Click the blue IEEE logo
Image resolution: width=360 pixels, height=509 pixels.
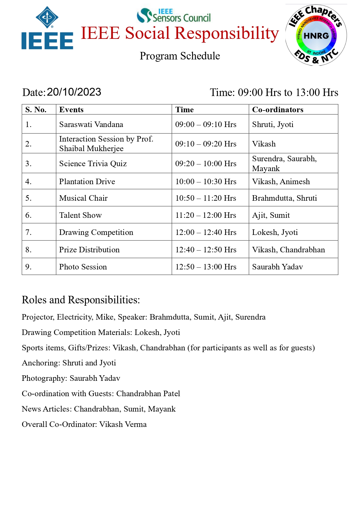(x=47, y=28)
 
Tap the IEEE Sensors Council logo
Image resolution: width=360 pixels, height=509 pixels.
(x=174, y=16)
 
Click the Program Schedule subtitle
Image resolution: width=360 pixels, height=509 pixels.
(x=180, y=56)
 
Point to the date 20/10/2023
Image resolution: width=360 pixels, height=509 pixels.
(x=74, y=92)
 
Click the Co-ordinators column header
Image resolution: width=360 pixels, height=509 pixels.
(x=278, y=110)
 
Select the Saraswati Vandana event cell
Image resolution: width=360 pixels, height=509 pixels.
(x=91, y=124)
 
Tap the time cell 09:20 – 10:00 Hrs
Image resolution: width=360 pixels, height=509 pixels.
(x=206, y=164)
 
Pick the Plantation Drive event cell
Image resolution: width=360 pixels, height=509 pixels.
(x=87, y=182)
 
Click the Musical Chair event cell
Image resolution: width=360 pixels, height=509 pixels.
(x=83, y=198)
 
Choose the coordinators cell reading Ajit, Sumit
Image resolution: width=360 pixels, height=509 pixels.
(x=271, y=215)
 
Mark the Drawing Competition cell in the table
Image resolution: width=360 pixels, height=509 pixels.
(x=96, y=232)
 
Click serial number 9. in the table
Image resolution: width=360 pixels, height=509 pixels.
(x=28, y=267)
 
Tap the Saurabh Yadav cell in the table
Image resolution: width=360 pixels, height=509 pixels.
(x=277, y=267)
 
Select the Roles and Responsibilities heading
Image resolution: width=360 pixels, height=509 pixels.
(x=81, y=300)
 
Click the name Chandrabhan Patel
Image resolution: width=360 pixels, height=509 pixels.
(x=148, y=394)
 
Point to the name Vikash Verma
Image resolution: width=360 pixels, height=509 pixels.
(x=123, y=424)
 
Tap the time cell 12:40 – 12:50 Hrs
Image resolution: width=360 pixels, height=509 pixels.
(x=206, y=250)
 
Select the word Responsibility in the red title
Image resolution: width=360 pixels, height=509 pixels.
(x=227, y=33)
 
